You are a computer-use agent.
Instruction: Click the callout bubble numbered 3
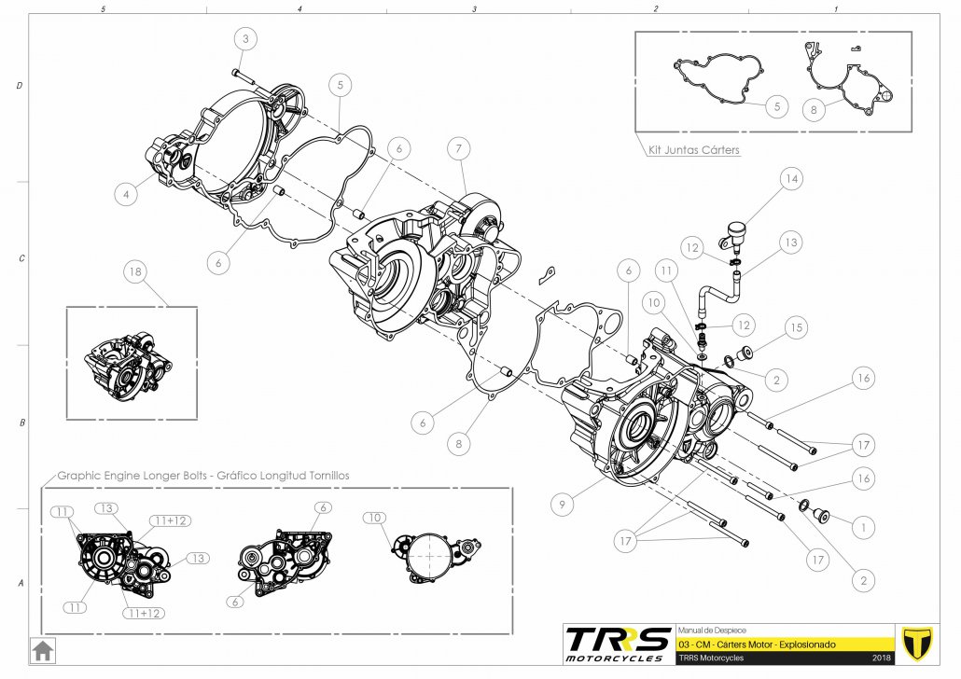pos(245,39)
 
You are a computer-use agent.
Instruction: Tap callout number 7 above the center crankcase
pos(457,148)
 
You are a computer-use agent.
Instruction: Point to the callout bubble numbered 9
pos(561,505)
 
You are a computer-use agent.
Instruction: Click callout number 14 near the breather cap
pos(791,178)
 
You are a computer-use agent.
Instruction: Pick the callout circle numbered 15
pos(795,328)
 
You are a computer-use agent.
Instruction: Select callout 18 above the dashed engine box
pos(136,271)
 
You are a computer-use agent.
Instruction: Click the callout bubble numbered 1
pos(864,527)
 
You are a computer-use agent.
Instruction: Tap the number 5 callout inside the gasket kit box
pos(776,106)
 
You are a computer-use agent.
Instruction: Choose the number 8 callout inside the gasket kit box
pos(814,109)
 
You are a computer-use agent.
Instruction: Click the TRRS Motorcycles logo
pos(618,644)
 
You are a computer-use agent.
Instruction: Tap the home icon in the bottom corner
pos(42,649)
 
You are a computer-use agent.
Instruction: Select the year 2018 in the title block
pos(883,658)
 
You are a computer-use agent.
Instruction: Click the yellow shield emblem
pos(919,643)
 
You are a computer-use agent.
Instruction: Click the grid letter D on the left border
pos(20,86)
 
